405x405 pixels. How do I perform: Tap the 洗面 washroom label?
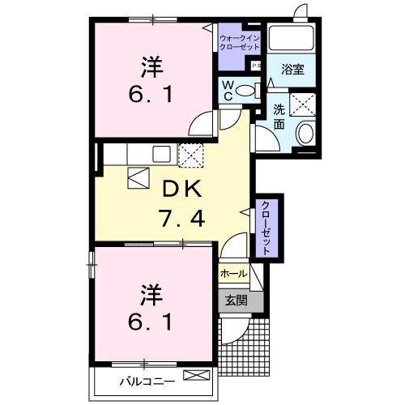[279, 119]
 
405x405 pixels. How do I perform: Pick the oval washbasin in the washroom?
[305, 134]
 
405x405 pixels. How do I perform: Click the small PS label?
[256, 65]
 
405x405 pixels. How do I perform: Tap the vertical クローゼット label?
[266, 228]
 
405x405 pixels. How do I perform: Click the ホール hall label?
[233, 273]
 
